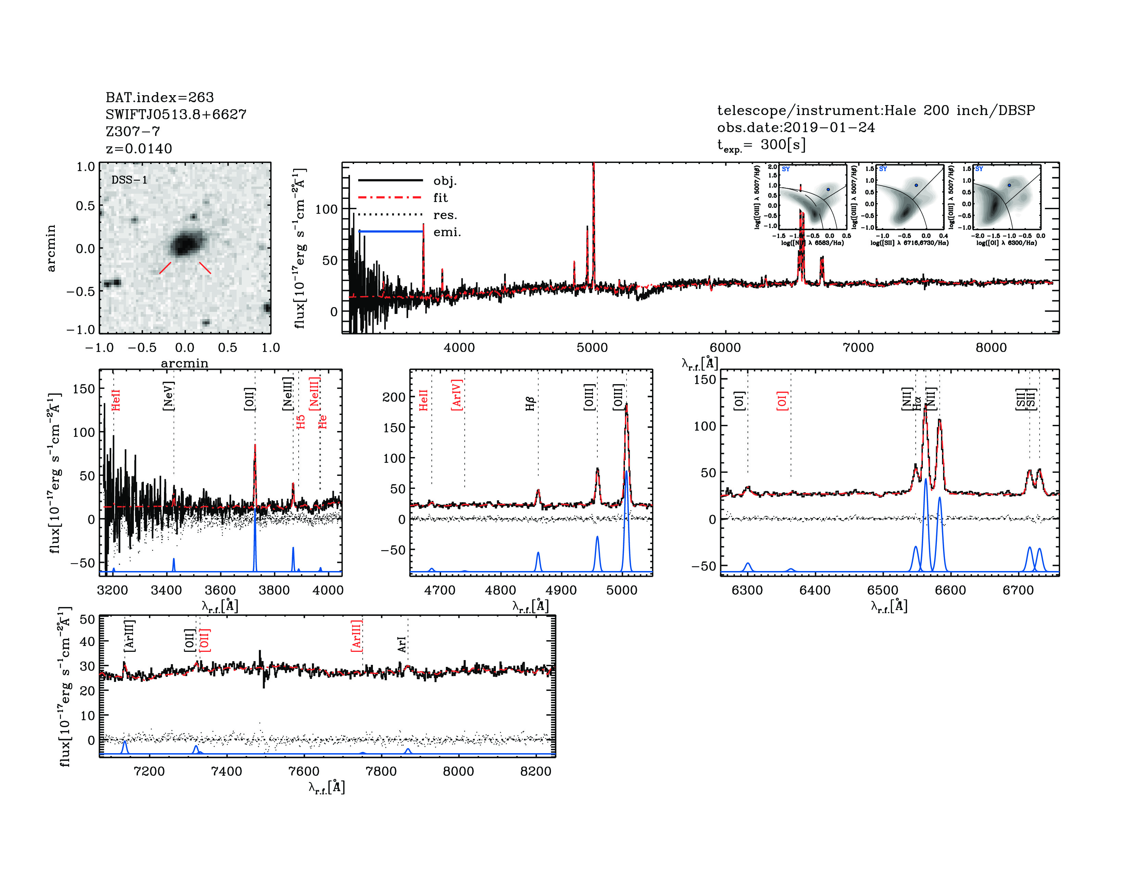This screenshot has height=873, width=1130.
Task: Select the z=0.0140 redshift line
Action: (139, 149)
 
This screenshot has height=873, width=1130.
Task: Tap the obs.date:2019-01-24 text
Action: (796, 127)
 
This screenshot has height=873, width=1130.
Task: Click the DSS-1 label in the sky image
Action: (129, 180)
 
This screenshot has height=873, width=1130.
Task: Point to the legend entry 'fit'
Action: (440, 198)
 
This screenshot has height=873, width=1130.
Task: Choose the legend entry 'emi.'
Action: (447, 232)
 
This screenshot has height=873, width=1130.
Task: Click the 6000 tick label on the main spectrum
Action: (725, 347)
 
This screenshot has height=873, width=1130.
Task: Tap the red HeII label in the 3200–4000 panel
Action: (116, 400)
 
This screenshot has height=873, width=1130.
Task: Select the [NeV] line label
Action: (168, 396)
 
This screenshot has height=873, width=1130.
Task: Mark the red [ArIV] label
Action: (456, 395)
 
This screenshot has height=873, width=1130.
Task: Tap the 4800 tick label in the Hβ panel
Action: (500, 590)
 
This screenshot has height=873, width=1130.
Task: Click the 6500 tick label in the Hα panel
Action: (883, 590)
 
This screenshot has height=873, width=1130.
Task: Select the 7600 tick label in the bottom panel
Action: (304, 771)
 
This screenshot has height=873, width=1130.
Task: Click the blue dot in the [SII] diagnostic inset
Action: (916, 185)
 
